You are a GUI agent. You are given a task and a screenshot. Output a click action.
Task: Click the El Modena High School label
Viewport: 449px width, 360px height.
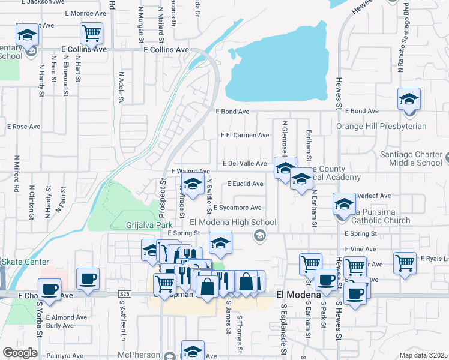pyautogui.click(x=233, y=222)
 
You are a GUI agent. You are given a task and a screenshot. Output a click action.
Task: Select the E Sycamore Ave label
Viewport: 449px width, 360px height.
pyautogui.click(x=237, y=208)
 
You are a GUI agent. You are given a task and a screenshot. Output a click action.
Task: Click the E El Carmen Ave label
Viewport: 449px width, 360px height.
pyautogui.click(x=245, y=135)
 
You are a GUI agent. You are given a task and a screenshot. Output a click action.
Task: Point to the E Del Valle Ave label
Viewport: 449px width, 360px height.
pyautogui.click(x=244, y=163)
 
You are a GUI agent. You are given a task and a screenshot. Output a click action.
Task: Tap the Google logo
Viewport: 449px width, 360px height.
pyautogui.click(x=20, y=352)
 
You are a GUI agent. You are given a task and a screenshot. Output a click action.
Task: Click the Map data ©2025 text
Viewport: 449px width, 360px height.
pyautogui.click(x=423, y=355)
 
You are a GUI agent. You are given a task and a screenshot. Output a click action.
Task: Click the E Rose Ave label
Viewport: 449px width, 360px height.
pyautogui.click(x=23, y=127)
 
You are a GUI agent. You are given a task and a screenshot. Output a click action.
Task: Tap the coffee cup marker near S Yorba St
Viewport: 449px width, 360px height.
pyautogui.click(x=49, y=289)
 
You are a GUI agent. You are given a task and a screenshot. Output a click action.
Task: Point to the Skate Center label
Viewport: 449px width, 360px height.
pyautogui.click(x=25, y=262)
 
